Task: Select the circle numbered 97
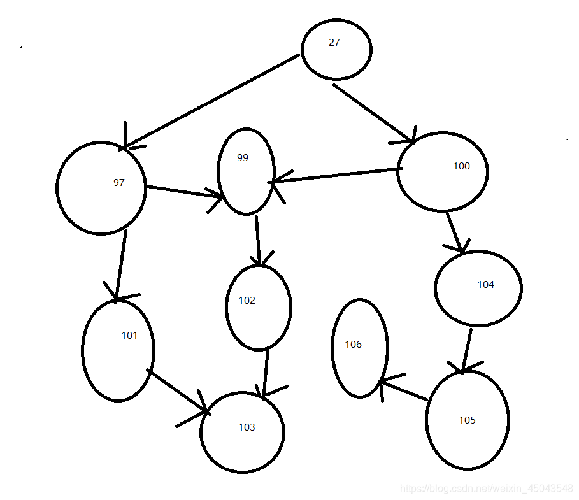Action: [101, 187]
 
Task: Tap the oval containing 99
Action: [246, 171]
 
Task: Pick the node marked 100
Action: [442, 171]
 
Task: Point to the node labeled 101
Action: [118, 350]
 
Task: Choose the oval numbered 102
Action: [259, 307]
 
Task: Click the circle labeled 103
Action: [242, 432]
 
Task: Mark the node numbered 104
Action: [478, 288]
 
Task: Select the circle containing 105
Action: [467, 420]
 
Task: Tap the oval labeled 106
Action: [359, 348]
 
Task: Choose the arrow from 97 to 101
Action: [120, 264]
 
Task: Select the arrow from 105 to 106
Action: [403, 390]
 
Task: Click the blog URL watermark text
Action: [486, 488]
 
